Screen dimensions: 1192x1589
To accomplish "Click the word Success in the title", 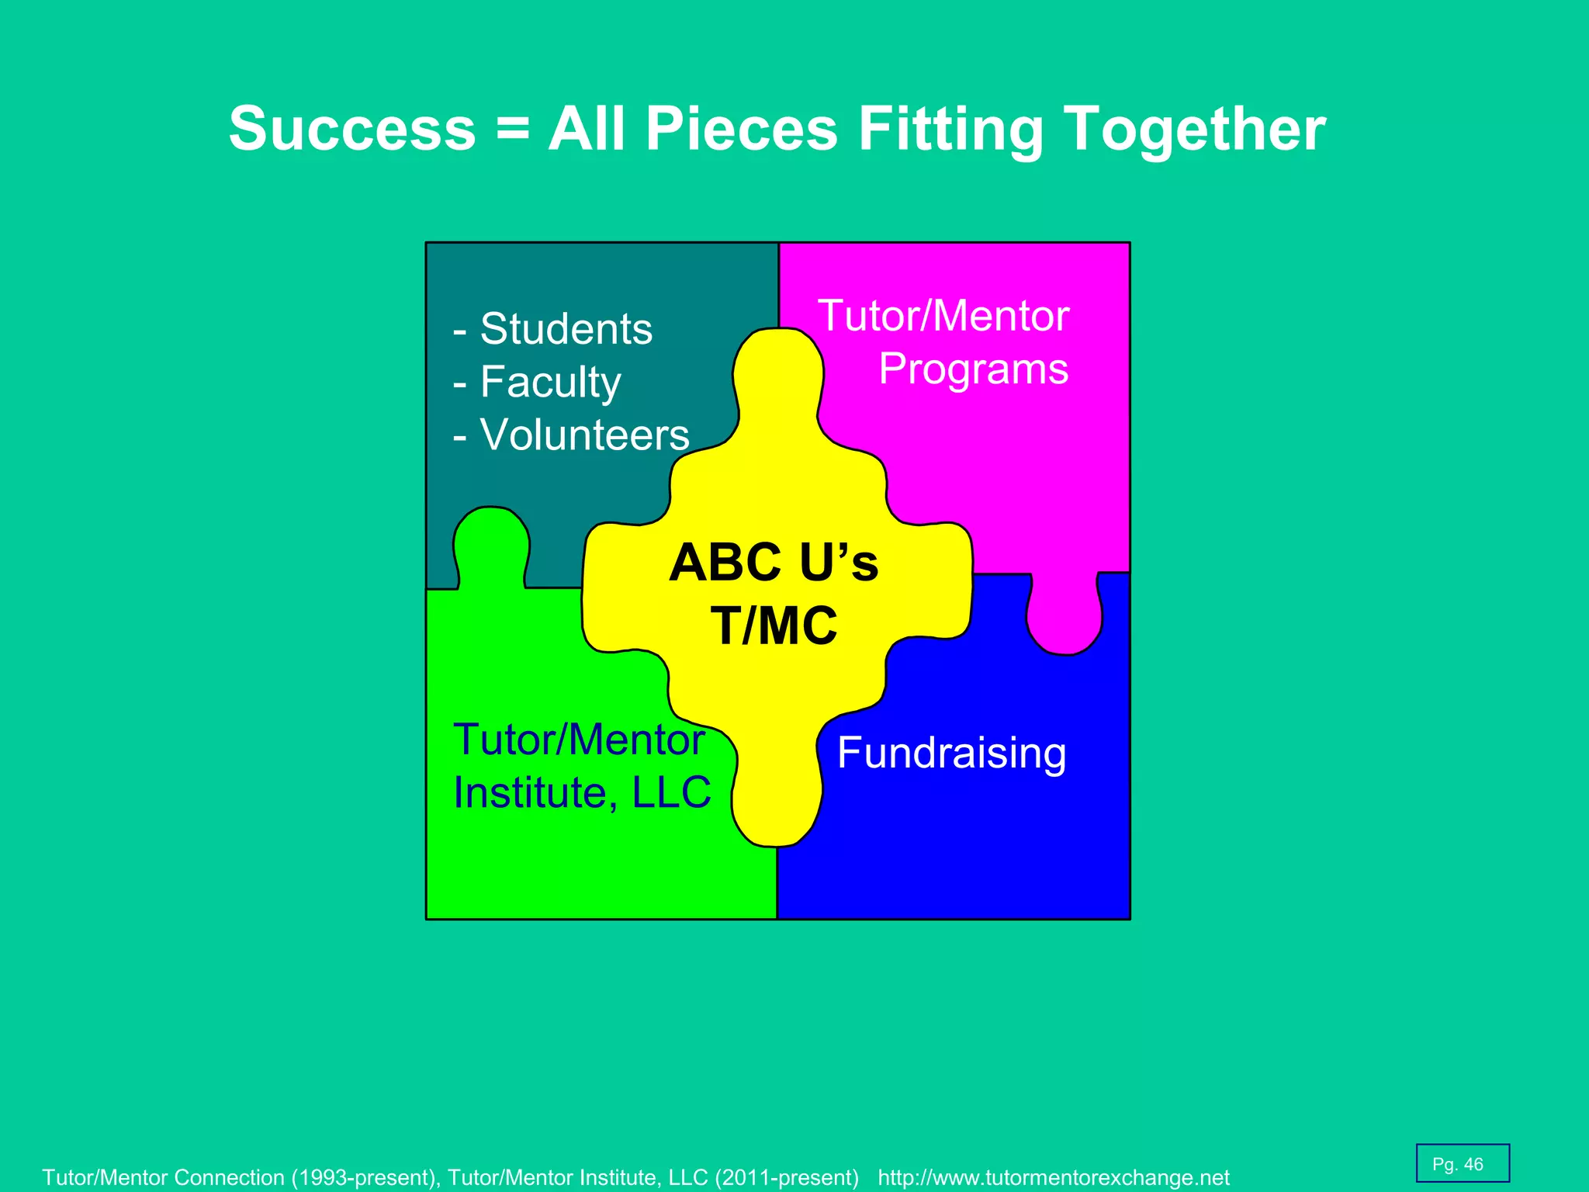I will tap(352, 129).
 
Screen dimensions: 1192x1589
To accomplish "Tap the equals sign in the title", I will tap(513, 129).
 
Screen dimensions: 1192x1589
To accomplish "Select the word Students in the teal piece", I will tap(566, 329).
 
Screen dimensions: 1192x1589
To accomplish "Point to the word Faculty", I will tap(550, 382).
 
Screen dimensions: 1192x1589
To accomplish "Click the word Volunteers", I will tap(584, 435).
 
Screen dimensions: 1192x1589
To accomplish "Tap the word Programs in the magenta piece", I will tap(974, 369).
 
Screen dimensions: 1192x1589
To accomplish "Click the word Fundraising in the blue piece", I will tap(952, 753).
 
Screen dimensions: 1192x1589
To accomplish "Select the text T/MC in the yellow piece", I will tap(774, 625).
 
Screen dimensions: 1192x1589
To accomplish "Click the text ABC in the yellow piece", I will tap(725, 563).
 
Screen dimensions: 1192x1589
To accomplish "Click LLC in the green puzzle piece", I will tap(671, 792).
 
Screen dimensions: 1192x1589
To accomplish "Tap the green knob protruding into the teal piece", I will tap(491, 543).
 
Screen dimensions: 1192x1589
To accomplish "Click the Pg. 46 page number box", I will tap(1462, 1164).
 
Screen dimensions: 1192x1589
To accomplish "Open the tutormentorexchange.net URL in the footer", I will tap(1054, 1178).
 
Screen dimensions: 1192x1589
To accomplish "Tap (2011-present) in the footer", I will tap(787, 1178).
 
